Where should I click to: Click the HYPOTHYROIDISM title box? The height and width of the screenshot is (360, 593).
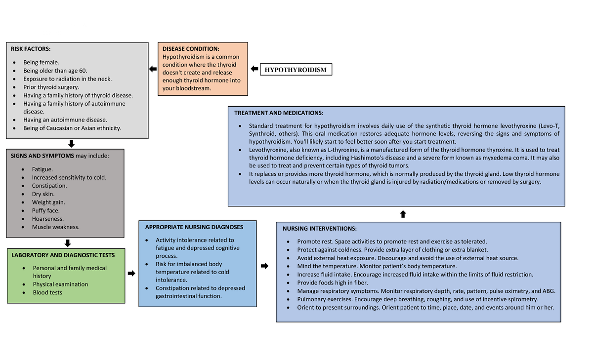296,70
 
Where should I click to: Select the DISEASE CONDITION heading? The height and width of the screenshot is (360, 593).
191,49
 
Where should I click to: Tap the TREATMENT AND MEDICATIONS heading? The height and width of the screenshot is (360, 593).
279,113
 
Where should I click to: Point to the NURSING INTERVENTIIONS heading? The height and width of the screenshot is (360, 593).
319,229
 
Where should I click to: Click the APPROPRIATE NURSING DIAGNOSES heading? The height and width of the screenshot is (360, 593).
194,227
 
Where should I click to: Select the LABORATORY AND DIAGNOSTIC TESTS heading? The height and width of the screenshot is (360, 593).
63,255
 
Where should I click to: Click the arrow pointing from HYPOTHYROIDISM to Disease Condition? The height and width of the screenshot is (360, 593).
254,69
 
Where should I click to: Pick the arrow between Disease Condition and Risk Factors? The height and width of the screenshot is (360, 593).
153,69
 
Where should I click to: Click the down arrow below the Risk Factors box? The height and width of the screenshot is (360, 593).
71,144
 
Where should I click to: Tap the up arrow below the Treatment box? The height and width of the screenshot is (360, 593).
403,214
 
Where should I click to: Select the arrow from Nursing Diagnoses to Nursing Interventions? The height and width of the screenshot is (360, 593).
264,266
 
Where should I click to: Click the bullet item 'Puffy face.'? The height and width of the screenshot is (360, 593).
45,210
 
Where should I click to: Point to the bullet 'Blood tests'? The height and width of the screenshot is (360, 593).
47,292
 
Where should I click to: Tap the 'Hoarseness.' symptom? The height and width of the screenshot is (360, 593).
48,219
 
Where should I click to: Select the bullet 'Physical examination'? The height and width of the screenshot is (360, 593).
60,284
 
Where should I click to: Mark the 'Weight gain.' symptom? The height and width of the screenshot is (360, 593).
48,202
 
